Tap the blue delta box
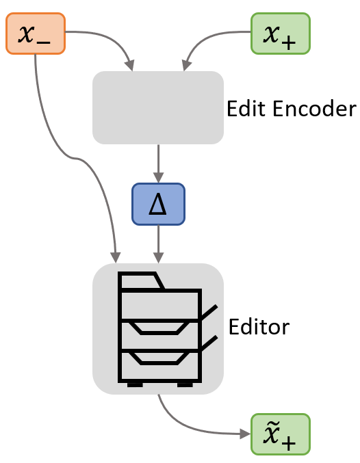click(x=158, y=204)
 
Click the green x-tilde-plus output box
click(x=281, y=434)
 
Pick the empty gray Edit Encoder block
click(x=158, y=107)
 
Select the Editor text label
click(x=259, y=326)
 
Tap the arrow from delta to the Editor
click(x=159, y=243)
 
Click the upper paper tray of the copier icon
click(x=159, y=327)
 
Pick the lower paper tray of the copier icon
click(x=159, y=357)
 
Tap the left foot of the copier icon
click(x=135, y=384)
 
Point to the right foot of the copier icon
click(x=185, y=384)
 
